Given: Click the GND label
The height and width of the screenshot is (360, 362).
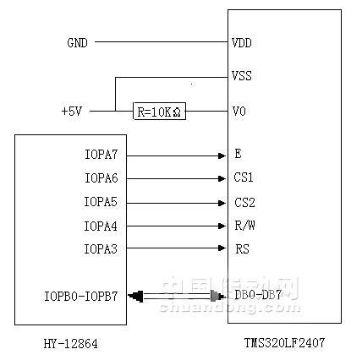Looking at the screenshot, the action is [77, 43].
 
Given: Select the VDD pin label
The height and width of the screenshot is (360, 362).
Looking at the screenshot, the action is [242, 43].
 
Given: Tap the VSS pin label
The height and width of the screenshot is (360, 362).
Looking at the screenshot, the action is [242, 76].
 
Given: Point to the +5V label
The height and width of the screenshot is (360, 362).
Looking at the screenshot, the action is [72, 112].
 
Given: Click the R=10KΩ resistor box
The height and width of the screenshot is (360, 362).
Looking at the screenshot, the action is [159, 111].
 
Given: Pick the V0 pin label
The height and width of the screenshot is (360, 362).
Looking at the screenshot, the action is [239, 112].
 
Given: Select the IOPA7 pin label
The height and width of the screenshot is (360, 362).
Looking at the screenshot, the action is [101, 155].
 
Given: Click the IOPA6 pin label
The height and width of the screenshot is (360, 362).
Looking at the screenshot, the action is [101, 178].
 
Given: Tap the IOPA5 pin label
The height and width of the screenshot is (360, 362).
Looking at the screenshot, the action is [101, 202].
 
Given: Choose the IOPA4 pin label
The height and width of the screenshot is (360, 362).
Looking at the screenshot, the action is [101, 226].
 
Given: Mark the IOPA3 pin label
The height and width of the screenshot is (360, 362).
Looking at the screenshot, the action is [101, 249].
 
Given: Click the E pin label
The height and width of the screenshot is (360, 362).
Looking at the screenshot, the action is [238, 154].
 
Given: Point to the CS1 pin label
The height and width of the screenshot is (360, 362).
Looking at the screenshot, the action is [244, 177].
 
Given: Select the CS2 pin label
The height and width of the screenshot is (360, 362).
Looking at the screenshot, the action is [244, 203].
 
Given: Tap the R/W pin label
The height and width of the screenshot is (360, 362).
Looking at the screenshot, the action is [244, 226].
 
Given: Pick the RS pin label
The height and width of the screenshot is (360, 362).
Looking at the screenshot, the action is [243, 249].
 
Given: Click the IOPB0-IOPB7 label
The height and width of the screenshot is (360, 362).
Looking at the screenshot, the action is [81, 297].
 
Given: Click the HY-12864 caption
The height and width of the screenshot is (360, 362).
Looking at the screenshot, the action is [71, 344].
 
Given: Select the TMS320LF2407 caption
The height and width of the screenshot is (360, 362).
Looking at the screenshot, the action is [284, 343].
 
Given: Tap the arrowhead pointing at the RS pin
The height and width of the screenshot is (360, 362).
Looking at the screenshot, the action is [222, 248].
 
